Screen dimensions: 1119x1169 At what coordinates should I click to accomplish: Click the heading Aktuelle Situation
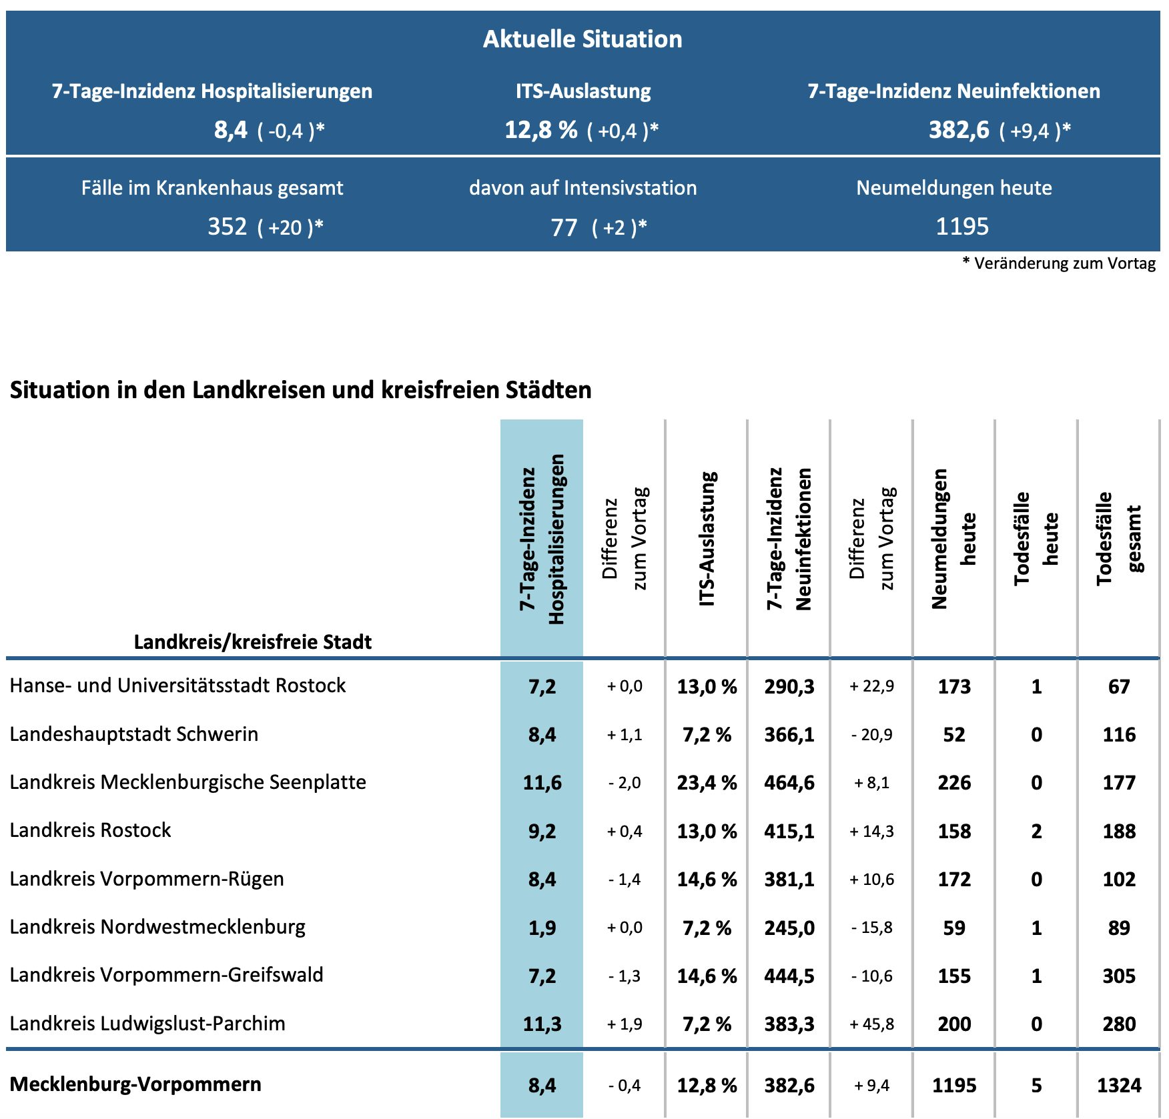click(582, 39)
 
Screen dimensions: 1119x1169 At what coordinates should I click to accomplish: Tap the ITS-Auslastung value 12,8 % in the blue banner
click(540, 129)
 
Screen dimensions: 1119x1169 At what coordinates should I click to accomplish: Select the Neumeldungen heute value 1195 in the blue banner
click(961, 227)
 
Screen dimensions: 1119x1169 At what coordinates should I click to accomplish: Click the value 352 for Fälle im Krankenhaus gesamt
click(228, 227)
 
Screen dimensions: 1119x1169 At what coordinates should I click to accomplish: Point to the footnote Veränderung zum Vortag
click(1064, 263)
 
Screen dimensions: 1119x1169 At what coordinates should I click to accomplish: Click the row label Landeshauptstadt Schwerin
click(133, 734)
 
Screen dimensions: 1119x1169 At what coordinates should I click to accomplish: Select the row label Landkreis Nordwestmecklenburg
click(157, 927)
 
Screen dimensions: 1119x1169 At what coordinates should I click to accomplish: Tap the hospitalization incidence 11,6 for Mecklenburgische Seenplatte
click(542, 782)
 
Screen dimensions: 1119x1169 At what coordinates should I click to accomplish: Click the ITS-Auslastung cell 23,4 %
click(707, 782)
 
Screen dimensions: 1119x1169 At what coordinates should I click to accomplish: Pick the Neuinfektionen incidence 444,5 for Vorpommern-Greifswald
click(789, 976)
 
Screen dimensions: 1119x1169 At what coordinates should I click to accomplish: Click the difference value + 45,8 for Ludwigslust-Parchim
click(871, 1024)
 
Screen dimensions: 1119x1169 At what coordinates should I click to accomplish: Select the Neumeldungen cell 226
click(954, 782)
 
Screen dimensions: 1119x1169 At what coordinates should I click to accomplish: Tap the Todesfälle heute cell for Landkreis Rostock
click(1036, 831)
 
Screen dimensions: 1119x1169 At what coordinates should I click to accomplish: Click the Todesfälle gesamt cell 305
click(1119, 976)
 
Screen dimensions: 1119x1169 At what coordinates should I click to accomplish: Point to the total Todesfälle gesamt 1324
click(1119, 1086)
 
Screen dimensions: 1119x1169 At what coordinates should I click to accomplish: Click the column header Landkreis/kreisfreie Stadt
click(253, 642)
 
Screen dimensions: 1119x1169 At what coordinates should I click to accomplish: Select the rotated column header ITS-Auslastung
click(707, 539)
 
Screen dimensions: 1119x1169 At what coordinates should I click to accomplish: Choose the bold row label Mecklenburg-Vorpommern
click(135, 1084)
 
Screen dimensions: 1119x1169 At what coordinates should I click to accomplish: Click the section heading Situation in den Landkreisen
click(300, 390)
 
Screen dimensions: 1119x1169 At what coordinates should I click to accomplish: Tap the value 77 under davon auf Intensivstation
click(564, 227)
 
